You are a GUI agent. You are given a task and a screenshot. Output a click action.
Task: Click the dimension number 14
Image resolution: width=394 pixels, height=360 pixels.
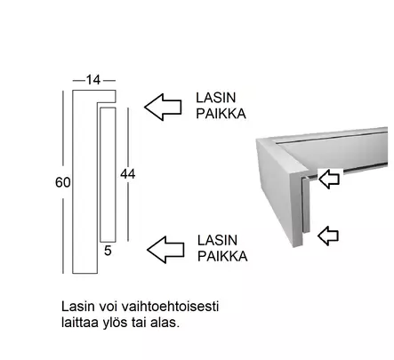pos(93,80)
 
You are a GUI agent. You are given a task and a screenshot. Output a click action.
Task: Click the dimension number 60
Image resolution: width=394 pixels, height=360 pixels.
pos(63,182)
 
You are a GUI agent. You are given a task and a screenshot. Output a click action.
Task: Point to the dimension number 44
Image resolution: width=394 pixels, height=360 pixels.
pos(128,174)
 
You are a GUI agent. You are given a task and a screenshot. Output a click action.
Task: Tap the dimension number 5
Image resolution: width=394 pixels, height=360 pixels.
pos(108,251)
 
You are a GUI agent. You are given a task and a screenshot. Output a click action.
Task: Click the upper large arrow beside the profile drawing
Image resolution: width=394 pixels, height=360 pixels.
pos(163,107)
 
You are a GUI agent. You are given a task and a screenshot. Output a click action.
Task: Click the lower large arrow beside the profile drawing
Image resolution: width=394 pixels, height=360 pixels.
pos(165,250)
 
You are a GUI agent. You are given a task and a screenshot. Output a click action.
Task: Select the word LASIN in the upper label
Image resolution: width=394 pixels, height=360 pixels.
pos(216,98)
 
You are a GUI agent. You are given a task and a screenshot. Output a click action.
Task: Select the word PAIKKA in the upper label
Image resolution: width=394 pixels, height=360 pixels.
pos(221,114)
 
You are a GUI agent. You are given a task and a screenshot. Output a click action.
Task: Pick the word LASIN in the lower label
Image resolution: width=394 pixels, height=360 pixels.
pos(217,240)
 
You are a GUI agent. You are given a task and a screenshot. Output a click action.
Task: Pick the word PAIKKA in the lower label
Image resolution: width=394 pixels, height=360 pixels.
pos(222,256)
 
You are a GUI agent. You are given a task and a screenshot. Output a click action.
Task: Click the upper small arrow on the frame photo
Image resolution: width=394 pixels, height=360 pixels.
pos(329,179)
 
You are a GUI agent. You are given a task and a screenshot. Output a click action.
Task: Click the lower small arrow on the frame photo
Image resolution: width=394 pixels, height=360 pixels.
pos(328,236)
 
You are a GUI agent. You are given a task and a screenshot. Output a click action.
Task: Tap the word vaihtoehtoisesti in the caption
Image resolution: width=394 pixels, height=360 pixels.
pos(170,307)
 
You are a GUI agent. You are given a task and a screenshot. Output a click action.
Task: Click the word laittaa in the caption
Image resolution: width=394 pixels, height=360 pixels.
pos(80,323)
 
